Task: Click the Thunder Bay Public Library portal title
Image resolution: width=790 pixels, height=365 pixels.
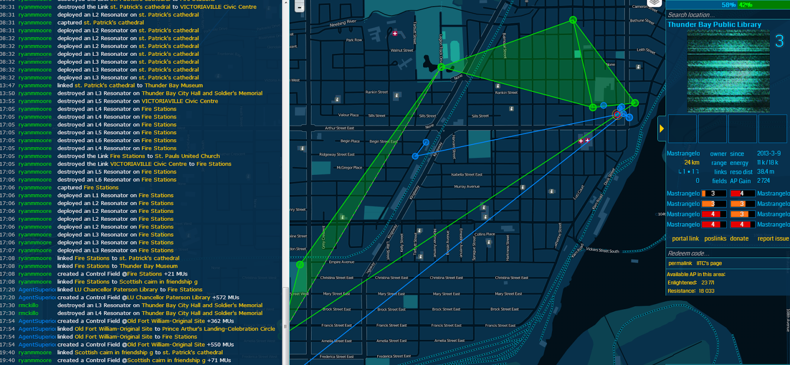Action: point(714,25)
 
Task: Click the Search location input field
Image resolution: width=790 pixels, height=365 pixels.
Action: point(726,15)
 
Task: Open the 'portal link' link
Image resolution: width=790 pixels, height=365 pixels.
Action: point(685,239)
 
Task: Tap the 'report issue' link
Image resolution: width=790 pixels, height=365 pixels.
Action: point(773,239)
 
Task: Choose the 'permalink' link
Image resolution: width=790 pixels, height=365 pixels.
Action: point(680,263)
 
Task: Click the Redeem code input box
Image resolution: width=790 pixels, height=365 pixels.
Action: point(726,253)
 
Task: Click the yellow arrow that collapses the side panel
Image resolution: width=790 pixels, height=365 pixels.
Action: point(662,128)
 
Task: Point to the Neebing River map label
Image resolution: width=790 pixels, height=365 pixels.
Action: point(343,23)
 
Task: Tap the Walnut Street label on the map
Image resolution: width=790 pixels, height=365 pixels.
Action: point(401,50)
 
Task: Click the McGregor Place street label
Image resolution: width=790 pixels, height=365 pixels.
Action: point(349,167)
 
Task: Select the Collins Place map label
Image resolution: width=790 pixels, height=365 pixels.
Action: point(484,234)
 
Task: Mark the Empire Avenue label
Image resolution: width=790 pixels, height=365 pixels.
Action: point(341,262)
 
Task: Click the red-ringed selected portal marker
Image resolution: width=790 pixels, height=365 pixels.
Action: point(617,115)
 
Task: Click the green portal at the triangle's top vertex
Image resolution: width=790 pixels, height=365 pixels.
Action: point(573,20)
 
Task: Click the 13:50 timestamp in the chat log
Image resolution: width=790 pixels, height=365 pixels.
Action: point(7,93)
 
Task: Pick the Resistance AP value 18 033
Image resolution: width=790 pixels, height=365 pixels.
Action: point(707,291)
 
